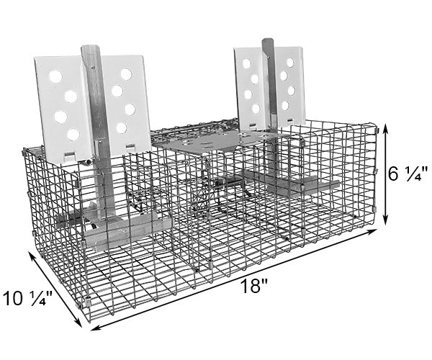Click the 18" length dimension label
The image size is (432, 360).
[253, 287]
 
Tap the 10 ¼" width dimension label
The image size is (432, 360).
[27, 298]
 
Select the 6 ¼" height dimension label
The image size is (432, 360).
[408, 174]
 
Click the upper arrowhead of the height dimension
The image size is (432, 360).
[386, 128]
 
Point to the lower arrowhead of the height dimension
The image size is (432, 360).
[386, 220]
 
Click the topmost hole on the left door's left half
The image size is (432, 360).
[55, 76]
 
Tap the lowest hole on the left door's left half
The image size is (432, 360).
[73, 135]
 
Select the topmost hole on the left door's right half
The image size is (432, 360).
[126, 74]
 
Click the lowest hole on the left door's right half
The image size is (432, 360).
[121, 128]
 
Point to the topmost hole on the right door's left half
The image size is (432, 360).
[246, 64]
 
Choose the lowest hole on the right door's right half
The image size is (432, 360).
[285, 106]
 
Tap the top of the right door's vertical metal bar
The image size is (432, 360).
[267, 40]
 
